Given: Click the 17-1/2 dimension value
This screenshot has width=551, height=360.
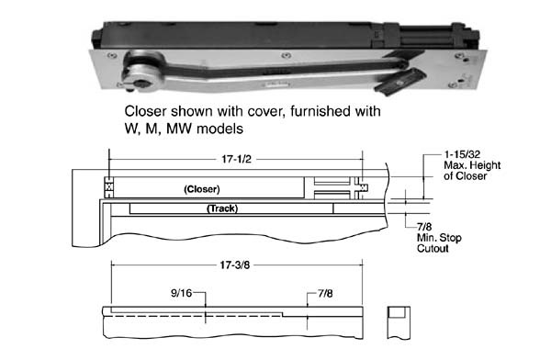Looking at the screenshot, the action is tap(236, 159).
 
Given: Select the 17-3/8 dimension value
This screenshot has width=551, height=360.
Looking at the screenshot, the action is tap(235, 264).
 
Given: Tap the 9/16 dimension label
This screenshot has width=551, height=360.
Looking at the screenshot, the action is tap(181, 293).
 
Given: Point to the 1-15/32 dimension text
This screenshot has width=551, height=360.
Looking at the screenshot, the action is tap(462, 154).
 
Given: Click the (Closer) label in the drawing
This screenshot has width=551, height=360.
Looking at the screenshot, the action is tap(202, 189).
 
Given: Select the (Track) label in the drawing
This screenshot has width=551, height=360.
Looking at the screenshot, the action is tap(222, 208).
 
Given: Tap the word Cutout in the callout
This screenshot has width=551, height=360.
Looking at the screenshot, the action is tap(433, 248).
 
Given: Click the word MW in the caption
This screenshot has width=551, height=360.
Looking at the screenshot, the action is tap(180, 129).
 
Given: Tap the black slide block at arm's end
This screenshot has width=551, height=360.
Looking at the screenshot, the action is tap(400, 82).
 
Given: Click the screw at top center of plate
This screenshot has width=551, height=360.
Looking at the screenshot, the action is tap(287, 55).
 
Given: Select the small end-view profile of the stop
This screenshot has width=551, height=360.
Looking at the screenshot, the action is tap(399, 322).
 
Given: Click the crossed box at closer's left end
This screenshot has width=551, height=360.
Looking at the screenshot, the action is tap(109, 187).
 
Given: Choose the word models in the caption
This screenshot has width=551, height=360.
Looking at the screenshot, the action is tap(219, 129).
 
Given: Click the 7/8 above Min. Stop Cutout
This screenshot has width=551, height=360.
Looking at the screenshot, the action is tap(424, 227).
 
